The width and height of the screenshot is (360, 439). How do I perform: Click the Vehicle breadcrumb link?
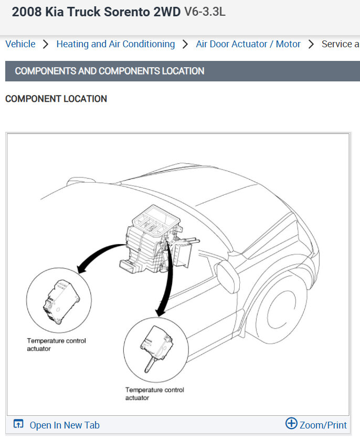tap(20, 44)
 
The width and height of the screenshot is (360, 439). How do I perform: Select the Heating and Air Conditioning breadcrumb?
tap(115, 44)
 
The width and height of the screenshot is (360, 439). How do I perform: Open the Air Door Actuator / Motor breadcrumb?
tap(248, 44)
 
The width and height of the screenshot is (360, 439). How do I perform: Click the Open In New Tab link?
tap(64, 425)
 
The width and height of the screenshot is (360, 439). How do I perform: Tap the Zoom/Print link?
tap(323, 425)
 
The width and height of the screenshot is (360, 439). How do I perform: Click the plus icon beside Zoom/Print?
tap(291, 424)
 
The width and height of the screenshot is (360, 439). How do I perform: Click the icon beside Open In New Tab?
tap(18, 424)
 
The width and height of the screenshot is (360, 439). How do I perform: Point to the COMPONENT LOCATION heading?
tap(56, 99)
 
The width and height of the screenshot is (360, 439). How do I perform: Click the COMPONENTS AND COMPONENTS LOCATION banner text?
tap(110, 71)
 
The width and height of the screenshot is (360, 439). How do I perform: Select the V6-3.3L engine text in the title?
tap(205, 12)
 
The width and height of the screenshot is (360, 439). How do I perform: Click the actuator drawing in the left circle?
tap(59, 300)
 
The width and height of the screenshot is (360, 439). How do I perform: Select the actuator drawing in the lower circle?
tap(156, 346)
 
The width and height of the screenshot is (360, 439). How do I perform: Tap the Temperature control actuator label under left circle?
tap(56, 344)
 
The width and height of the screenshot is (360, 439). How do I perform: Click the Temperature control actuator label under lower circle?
tap(154, 394)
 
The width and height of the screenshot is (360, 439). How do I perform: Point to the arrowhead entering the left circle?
tap(80, 270)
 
